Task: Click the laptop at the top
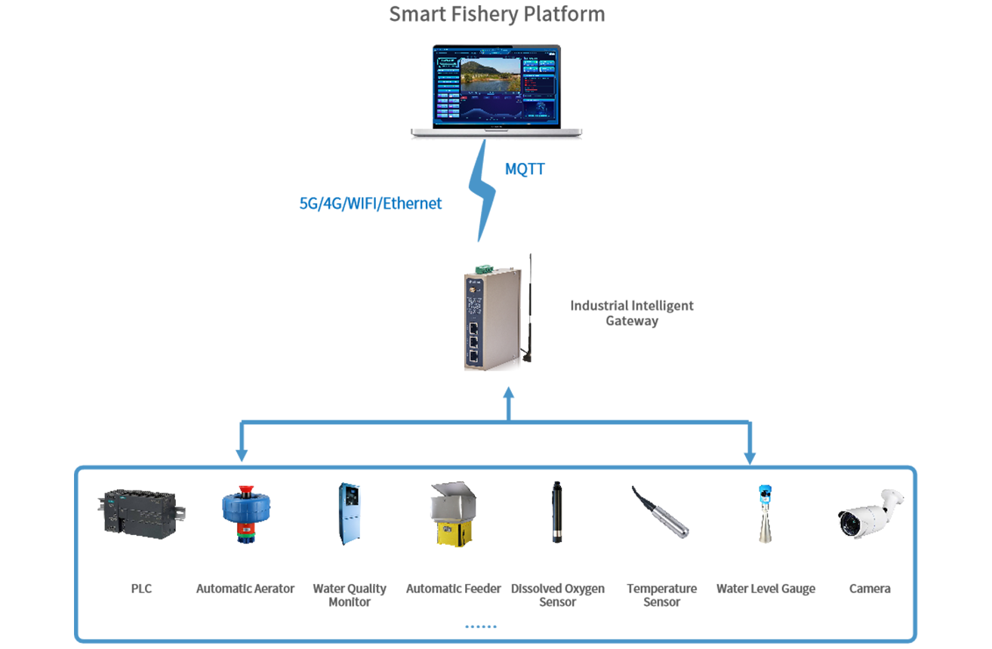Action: (x=497, y=91)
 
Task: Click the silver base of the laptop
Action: (x=498, y=128)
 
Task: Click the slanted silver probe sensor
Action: (x=661, y=513)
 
